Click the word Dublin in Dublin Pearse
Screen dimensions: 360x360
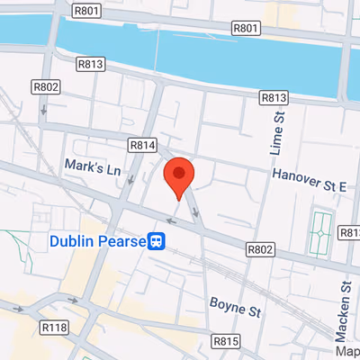tap(74, 241)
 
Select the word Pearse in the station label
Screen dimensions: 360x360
tap(122, 241)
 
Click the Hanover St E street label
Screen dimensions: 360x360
tap(310, 181)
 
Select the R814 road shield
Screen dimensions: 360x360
tap(142, 144)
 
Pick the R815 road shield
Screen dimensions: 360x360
tap(227, 341)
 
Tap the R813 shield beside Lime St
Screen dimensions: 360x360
tap(274, 97)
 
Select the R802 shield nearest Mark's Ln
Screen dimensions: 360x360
tap(47, 87)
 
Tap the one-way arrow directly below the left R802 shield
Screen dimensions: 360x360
tap(44, 110)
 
